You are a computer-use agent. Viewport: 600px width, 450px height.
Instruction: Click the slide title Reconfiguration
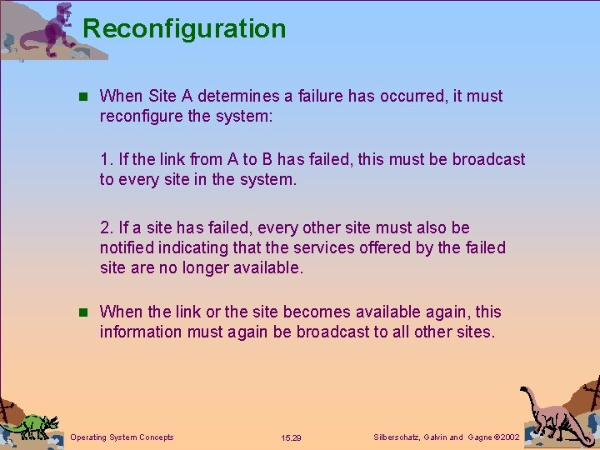tap(184, 28)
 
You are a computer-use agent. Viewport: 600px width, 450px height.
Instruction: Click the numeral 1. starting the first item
tap(106, 159)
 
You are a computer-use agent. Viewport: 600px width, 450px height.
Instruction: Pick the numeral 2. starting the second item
tap(106, 227)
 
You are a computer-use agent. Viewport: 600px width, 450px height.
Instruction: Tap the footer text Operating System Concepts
tap(122, 437)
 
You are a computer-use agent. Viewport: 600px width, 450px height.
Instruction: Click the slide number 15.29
tap(292, 437)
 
